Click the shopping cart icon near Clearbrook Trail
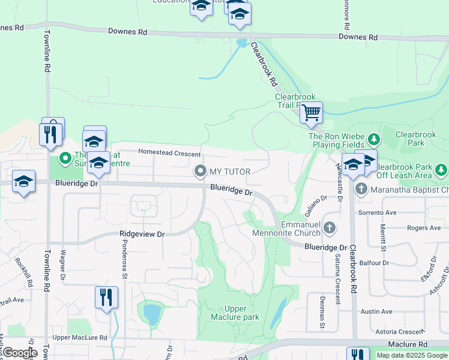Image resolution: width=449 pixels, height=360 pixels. pos(311,112)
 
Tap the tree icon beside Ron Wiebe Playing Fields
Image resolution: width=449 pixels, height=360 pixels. pos(374,140)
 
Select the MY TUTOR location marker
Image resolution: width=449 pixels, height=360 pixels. pos(200,172)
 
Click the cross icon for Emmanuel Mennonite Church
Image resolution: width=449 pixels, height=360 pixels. pos(329,227)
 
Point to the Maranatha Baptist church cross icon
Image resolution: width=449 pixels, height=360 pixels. pos(361,189)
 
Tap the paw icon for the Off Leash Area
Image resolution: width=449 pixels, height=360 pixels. pos(442,171)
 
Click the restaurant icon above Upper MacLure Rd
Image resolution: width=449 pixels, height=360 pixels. pos(106,297)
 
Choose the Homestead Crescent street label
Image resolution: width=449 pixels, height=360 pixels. pos(169,153)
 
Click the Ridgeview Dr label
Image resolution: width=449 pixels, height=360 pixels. pos(142,234)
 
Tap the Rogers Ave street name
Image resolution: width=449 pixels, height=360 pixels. pos(424,228)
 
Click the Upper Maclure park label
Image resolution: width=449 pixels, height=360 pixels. pos(235,313)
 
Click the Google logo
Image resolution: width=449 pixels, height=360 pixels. pos(19,353)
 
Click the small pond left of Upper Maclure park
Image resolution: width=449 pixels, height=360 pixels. pos(151,313)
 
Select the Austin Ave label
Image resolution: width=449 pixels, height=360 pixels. pos(376,311)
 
